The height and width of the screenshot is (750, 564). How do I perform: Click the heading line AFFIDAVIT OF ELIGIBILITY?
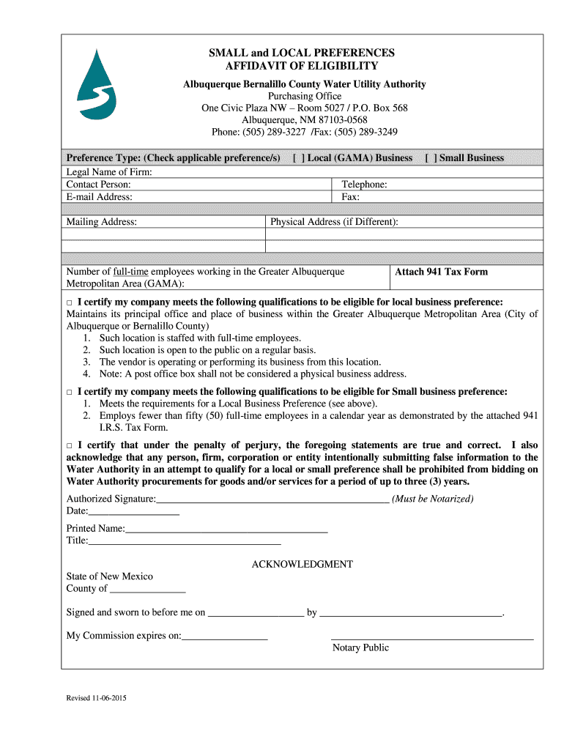(x=301, y=67)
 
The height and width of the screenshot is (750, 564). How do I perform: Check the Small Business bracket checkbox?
(x=431, y=158)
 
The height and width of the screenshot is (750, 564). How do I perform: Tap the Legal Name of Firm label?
(x=109, y=172)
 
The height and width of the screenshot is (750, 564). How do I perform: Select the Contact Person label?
(x=99, y=185)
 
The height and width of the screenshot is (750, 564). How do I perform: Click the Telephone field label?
(x=364, y=185)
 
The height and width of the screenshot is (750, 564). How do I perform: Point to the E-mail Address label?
(x=100, y=197)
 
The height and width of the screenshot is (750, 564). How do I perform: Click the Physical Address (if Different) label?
(x=334, y=222)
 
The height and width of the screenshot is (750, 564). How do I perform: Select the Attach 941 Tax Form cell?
(x=441, y=272)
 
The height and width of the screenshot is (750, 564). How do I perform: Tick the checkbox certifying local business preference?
(x=70, y=302)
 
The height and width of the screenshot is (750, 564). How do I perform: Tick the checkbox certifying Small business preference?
(x=70, y=392)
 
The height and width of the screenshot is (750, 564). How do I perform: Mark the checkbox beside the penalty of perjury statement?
(x=70, y=446)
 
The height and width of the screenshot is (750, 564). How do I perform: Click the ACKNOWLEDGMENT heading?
(x=302, y=564)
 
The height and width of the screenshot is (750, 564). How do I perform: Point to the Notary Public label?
(x=360, y=647)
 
